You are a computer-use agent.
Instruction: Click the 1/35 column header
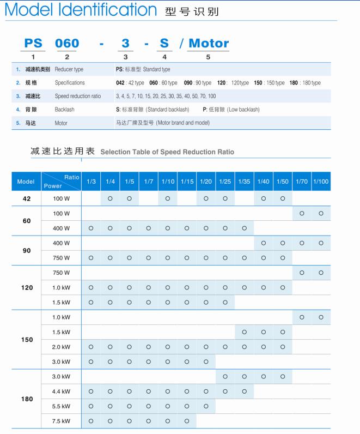coord(244,182)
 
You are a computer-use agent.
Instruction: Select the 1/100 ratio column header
coord(321,182)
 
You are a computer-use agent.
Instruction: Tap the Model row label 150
coord(27,340)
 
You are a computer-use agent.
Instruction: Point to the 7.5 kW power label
coord(62,421)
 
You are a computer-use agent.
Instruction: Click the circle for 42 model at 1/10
coord(167,198)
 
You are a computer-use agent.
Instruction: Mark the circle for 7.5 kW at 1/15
coord(187,421)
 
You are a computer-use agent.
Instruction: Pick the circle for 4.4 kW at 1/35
coord(244,391)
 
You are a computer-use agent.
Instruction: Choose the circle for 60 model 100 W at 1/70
coord(302,213)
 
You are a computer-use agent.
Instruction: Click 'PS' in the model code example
coord(33,44)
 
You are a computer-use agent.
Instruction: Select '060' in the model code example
coord(67,44)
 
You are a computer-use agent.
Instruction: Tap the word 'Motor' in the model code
coord(208,44)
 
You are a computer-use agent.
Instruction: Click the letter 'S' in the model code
coord(164,44)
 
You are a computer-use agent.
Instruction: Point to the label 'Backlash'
coord(65,110)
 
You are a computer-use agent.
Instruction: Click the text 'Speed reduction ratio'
coord(78,97)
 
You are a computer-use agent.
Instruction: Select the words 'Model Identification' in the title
coord(80,10)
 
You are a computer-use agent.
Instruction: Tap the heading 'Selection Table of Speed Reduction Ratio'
coord(167,152)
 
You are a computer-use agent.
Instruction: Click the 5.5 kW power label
coord(62,406)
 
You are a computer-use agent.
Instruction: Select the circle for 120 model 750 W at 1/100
coord(321,273)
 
